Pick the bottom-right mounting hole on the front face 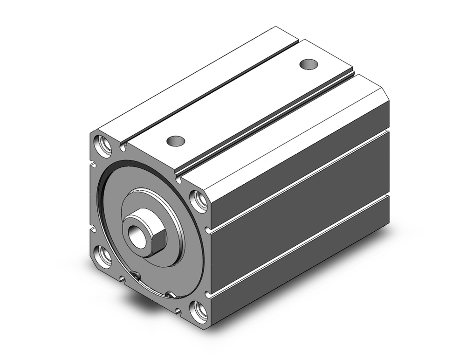point(199,311)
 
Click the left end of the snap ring point(136,276)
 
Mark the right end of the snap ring point(171,295)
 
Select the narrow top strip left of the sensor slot point(196,84)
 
